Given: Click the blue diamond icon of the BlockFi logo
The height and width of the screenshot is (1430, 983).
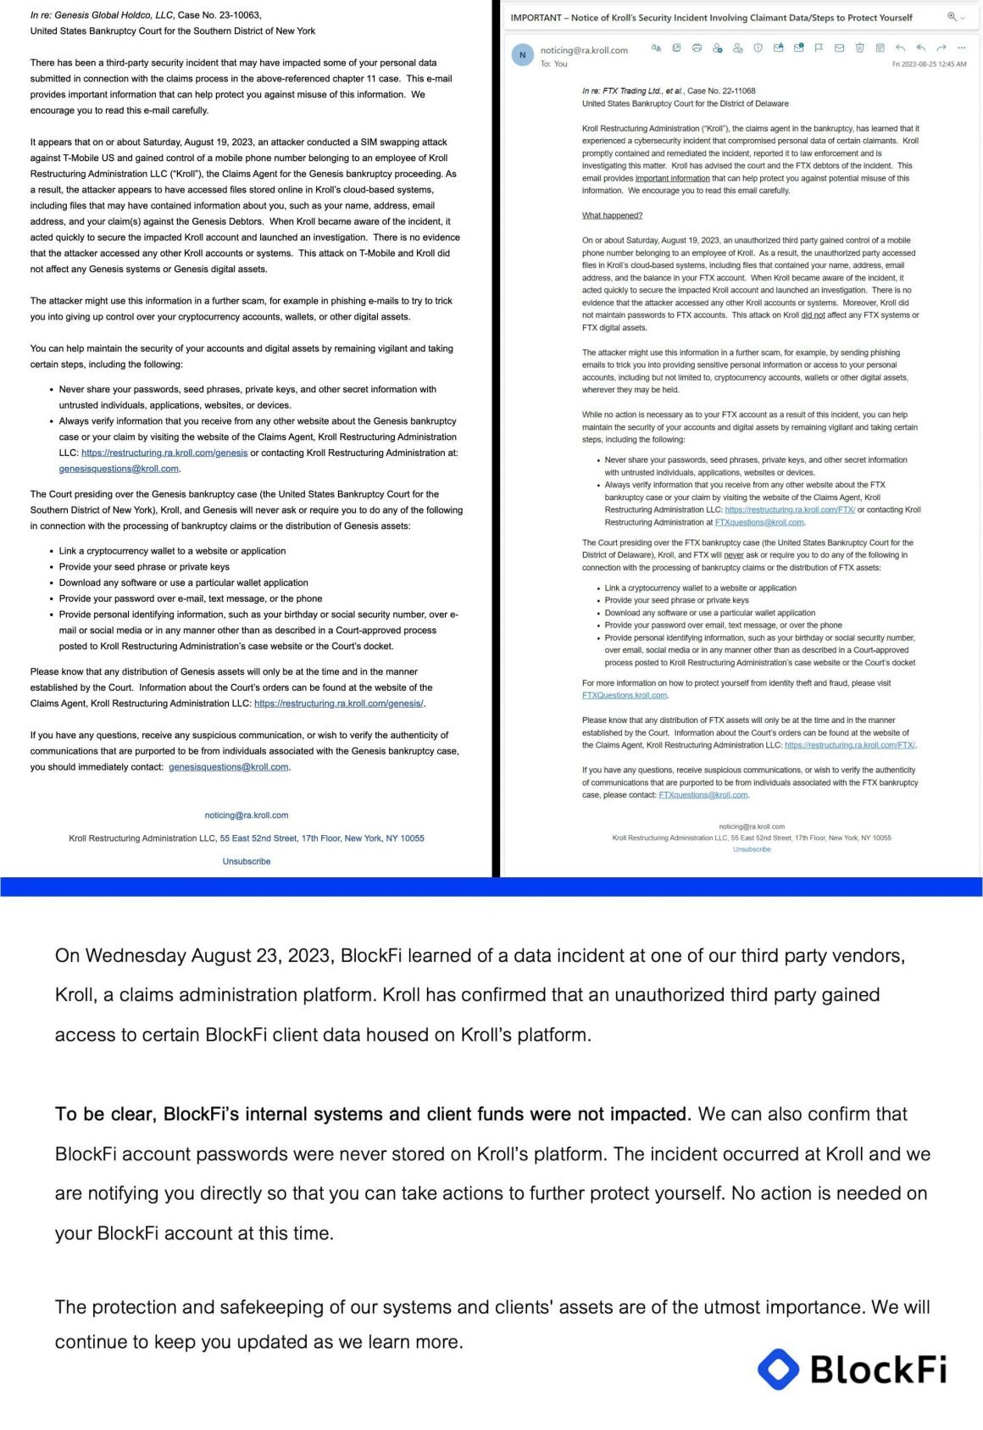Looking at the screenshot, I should pyautogui.click(x=778, y=1368).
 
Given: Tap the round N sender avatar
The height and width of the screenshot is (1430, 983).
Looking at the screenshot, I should pyautogui.click(x=522, y=55).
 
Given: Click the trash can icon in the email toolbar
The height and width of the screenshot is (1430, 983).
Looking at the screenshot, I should pyautogui.click(x=859, y=48).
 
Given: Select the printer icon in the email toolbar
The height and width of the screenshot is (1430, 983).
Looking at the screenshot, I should pyautogui.click(x=697, y=48).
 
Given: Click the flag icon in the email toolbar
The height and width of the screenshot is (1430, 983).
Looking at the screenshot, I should pyautogui.click(x=819, y=48).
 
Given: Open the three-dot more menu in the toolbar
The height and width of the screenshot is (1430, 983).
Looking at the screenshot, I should pyautogui.click(x=961, y=48).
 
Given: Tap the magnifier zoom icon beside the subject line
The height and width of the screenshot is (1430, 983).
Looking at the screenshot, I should pyautogui.click(x=952, y=17).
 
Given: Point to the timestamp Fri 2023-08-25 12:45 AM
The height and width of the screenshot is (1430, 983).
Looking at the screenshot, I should pyautogui.click(x=929, y=64).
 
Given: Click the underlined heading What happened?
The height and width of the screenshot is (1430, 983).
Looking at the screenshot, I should pyautogui.click(x=612, y=215).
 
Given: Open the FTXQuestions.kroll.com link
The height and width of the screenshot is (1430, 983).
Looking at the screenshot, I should pyautogui.click(x=625, y=695).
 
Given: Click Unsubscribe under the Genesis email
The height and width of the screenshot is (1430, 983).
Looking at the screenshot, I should pyautogui.click(x=247, y=861).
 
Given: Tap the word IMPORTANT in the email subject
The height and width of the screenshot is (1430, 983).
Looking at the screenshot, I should pyautogui.click(x=536, y=18).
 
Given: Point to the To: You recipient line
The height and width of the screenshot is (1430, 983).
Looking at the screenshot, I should pyautogui.click(x=554, y=64).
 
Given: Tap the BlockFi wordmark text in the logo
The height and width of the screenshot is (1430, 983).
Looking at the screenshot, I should pyautogui.click(x=878, y=1369).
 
